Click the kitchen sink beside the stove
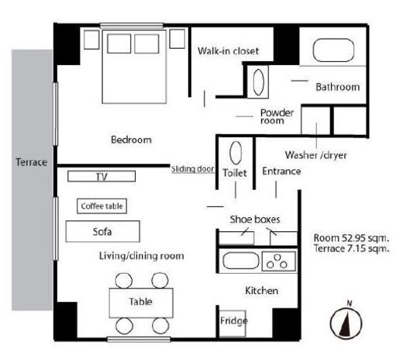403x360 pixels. (x=241, y=261)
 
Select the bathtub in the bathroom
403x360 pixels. (x=333, y=50)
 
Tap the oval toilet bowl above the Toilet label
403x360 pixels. (x=236, y=153)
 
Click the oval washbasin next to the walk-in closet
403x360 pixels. (x=258, y=82)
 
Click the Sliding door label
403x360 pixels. (x=193, y=169)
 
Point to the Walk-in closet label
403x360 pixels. (x=228, y=51)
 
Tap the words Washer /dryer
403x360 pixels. (x=315, y=155)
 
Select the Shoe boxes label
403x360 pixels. (x=255, y=220)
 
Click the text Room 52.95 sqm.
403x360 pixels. (x=351, y=238)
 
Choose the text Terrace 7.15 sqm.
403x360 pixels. (x=351, y=248)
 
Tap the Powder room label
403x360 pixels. (x=277, y=116)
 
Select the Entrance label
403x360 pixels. (x=281, y=171)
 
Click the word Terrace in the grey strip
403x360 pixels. (x=31, y=162)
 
